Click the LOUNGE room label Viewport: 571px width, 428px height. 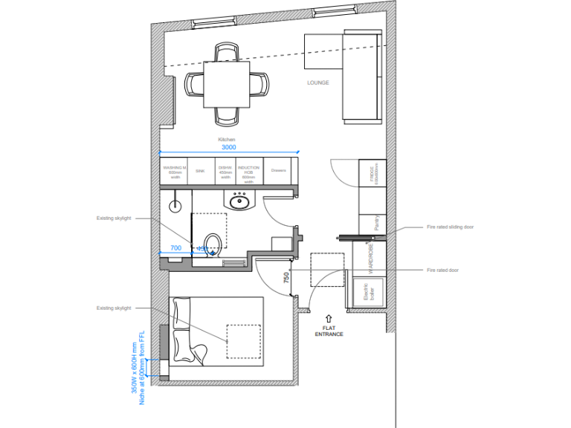[x=318, y=82]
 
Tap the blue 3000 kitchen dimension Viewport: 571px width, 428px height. [x=228, y=147]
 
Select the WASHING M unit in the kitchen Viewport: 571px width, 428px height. [x=175, y=172]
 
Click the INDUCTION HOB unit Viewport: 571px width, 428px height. [x=248, y=172]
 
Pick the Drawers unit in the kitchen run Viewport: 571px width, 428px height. [x=279, y=170]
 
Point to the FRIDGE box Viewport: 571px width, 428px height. [x=372, y=175]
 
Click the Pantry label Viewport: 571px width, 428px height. [x=378, y=223]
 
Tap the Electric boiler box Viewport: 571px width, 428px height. [x=372, y=291]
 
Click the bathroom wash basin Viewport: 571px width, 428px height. [x=239, y=201]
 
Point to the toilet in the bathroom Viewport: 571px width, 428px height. [x=211, y=243]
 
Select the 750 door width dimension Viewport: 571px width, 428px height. [x=285, y=278]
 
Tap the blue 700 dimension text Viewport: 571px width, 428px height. [x=175, y=248]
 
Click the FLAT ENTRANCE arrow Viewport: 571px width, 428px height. [x=328, y=317]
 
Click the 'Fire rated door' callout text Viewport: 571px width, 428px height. [x=442, y=270]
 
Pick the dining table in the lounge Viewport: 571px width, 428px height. [x=226, y=84]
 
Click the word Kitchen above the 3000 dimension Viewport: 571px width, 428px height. [x=227, y=140]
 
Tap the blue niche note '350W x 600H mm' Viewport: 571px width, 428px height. [x=134, y=369]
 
